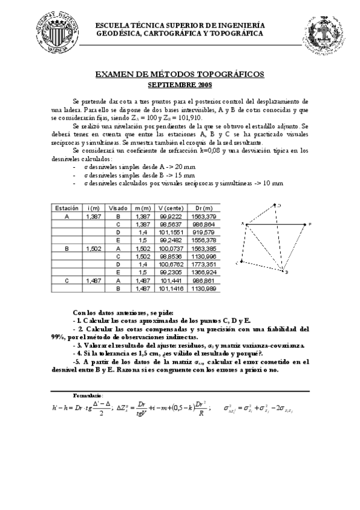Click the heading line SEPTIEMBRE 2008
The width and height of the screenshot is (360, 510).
[x=180, y=84]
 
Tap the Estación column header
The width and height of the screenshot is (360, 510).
[x=67, y=207]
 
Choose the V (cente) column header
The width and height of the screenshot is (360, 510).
[x=171, y=207]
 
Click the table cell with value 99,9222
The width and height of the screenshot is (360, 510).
[x=171, y=215]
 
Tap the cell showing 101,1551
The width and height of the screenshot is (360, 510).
[x=171, y=231]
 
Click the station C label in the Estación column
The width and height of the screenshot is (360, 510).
[x=67, y=280]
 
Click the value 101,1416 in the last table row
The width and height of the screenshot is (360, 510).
[x=171, y=287]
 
